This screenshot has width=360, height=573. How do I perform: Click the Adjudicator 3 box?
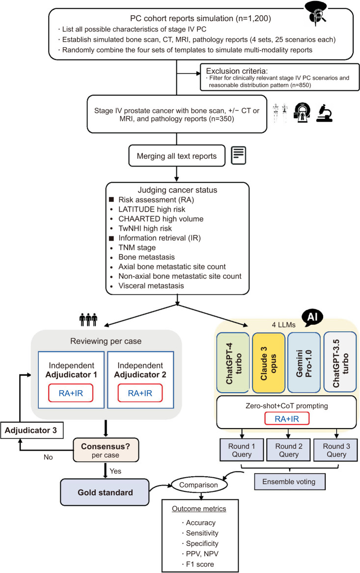pyautogui.click(x=29, y=431)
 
